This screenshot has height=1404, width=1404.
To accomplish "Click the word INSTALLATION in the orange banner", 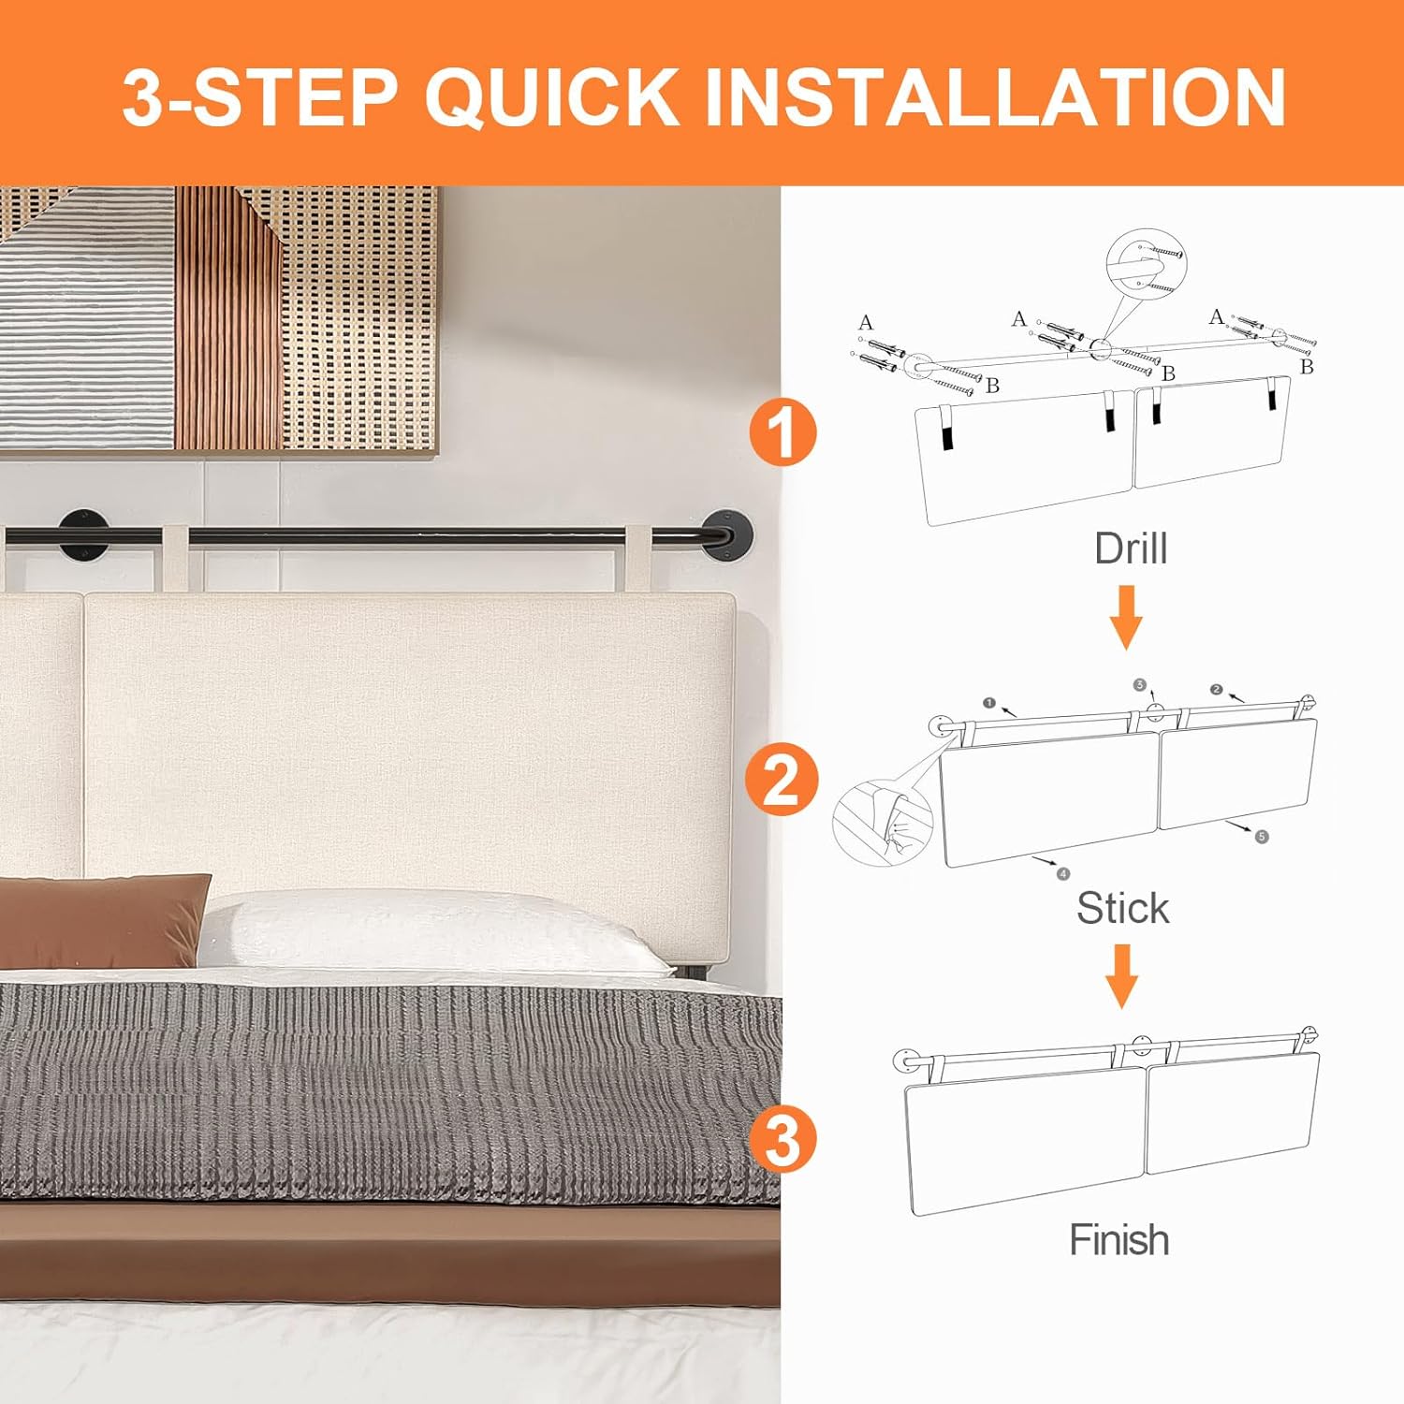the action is click(x=994, y=95).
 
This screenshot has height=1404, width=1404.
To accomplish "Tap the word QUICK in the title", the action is click(x=552, y=95).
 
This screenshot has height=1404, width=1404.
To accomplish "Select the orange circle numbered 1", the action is click(x=783, y=433).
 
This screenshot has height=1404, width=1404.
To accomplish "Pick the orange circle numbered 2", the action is click(x=782, y=781).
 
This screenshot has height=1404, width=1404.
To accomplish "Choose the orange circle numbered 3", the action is click(x=782, y=1139).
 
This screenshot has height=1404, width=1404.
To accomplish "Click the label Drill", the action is click(x=1131, y=548).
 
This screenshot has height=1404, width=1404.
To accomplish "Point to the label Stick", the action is click(x=1123, y=908).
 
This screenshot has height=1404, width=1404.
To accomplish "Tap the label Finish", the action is click(x=1119, y=1239).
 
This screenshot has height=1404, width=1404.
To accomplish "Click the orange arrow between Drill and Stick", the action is click(x=1127, y=617).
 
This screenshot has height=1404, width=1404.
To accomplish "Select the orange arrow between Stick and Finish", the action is click(x=1122, y=975).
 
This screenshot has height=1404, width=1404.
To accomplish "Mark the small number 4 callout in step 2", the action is click(x=1062, y=873).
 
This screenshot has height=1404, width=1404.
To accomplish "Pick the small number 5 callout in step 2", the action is click(x=1262, y=836).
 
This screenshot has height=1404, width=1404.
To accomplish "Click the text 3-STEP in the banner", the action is click(x=260, y=95).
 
